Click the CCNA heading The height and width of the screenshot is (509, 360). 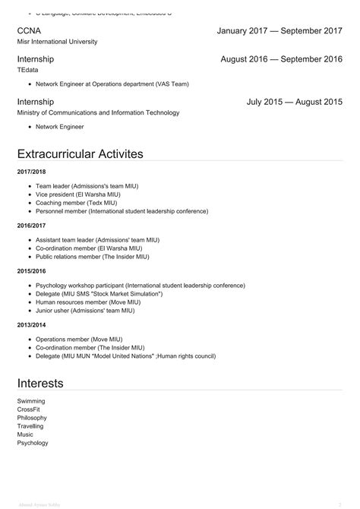pyautogui.click(x=30, y=30)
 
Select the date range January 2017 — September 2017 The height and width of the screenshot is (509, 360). pyautogui.click(x=279, y=30)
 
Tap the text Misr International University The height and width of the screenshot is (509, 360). pyautogui.click(x=57, y=42)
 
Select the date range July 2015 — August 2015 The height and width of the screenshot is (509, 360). pyautogui.click(x=294, y=101)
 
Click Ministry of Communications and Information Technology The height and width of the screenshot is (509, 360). pyautogui.click(x=98, y=112)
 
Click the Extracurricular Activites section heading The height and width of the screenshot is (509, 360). pyautogui.click(x=80, y=154)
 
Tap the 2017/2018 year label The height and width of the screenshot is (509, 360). pyautogui.click(x=31, y=172)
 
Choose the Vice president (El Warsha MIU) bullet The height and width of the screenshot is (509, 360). pyautogui.click(x=77, y=194)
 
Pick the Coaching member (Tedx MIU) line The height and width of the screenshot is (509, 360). pyautogui.click(x=76, y=203)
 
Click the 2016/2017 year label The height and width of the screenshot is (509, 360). pyautogui.click(x=31, y=225)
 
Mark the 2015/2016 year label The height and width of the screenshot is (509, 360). pyautogui.click(x=31, y=271)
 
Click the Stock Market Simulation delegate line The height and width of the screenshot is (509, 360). pyautogui.click(x=99, y=293)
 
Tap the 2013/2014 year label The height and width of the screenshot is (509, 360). pyautogui.click(x=31, y=324)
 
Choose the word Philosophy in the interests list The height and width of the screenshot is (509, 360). pyautogui.click(x=32, y=418)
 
